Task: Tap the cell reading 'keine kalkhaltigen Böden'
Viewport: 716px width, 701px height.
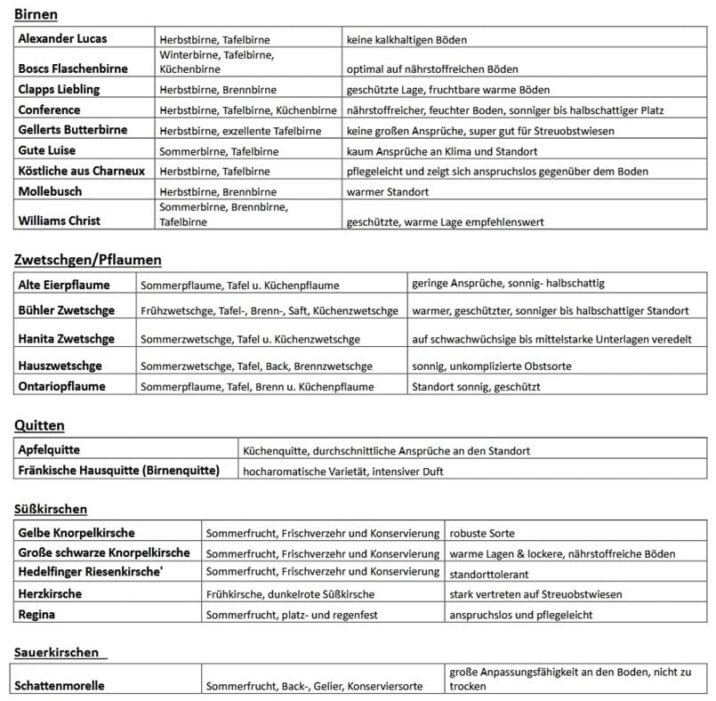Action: coord(406,40)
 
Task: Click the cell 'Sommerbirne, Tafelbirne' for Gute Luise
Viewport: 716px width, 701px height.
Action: coord(218,151)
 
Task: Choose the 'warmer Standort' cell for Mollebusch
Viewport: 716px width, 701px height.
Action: coord(388,191)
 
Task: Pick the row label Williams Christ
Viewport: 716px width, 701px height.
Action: coord(59,221)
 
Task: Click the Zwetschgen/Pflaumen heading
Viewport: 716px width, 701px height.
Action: coord(88,260)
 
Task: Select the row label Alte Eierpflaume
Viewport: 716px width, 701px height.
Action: coord(64,285)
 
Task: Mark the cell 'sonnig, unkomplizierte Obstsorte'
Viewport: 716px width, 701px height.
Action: coord(492,366)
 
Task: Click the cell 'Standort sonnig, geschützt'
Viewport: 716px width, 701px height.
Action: coord(475,387)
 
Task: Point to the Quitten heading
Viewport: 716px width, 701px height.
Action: coord(40,425)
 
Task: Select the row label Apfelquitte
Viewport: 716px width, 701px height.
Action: coord(49,450)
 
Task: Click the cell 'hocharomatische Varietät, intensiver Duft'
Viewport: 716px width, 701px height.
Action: coord(342,471)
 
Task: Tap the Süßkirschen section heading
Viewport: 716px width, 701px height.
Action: coord(51,509)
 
